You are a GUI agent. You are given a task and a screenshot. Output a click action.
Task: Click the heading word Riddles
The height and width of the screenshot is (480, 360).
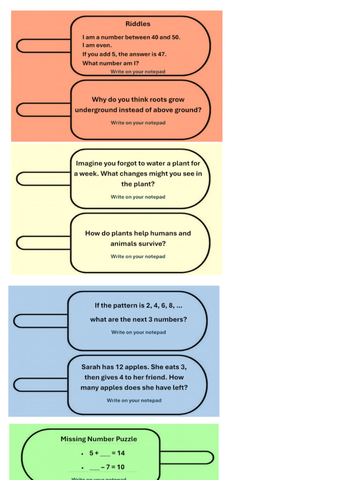pyautogui.click(x=138, y=24)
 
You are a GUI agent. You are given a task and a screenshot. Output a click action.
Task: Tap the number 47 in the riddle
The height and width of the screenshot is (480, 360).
pyautogui.click(x=159, y=54)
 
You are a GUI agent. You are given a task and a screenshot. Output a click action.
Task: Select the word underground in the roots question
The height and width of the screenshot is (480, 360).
pyautogui.click(x=96, y=110)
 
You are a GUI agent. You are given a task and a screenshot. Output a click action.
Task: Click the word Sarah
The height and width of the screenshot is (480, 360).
pyautogui.click(x=91, y=367)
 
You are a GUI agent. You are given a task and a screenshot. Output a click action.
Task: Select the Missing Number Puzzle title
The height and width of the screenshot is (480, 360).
pyautogui.click(x=99, y=439)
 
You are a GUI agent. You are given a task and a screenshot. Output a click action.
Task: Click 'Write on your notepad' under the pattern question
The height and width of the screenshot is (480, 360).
pyautogui.click(x=138, y=332)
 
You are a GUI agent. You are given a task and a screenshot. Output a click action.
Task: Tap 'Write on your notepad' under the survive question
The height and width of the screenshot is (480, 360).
pyautogui.click(x=138, y=256)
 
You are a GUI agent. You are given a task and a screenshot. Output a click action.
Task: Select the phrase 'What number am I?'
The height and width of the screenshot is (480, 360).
pyautogui.click(x=111, y=63)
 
